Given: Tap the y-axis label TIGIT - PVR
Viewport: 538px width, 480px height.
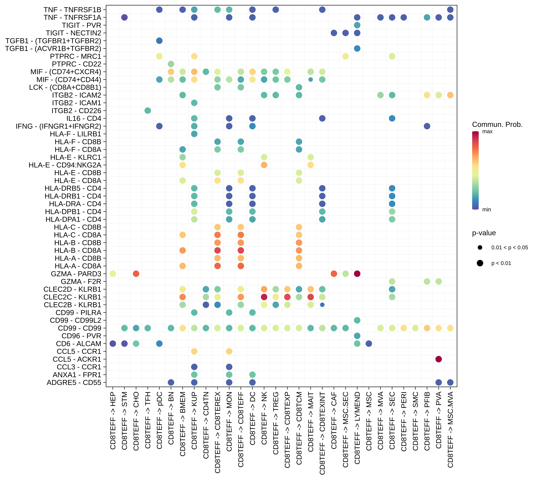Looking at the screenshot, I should coord(81,25).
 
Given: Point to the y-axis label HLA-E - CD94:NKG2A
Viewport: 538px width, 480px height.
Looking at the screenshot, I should coord(65,165).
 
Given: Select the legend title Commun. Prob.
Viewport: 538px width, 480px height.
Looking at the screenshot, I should coord(497,124).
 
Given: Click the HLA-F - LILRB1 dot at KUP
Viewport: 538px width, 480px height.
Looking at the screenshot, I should coord(194,134).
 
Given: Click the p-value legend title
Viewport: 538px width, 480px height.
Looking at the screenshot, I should coord(484,233).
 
